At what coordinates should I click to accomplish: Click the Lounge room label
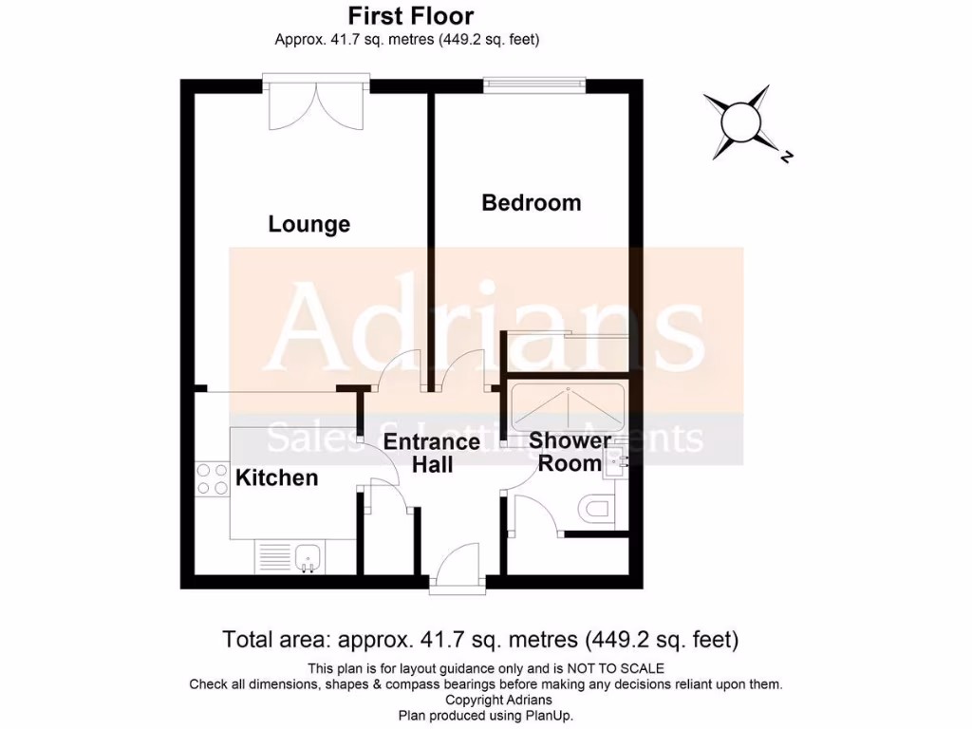pos(308,225)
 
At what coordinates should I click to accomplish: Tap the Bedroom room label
pos(531,203)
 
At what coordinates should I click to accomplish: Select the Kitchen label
pos(276,477)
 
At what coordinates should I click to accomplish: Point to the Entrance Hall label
pos(431,453)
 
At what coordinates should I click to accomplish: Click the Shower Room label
pos(570,452)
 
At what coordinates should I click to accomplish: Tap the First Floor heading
pos(410,16)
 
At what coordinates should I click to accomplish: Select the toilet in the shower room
pos(599,509)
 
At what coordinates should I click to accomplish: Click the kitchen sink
pos(308,557)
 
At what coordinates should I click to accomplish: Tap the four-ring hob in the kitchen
pos(206,478)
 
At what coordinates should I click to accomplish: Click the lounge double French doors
pos(316,104)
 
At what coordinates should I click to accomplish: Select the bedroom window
pos(533,85)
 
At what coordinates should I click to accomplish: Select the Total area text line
pos(480,639)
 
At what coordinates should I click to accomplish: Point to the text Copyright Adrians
pos(485,700)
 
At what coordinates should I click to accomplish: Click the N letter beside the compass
pos(785,159)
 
